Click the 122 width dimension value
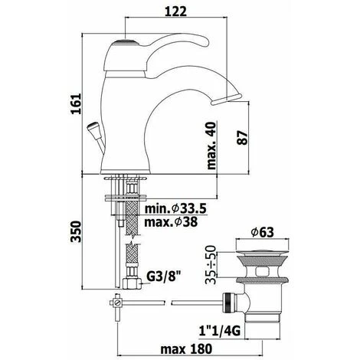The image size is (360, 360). (x=175, y=11)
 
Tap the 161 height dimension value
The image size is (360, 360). (x=76, y=103)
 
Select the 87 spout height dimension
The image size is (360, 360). (x=242, y=138)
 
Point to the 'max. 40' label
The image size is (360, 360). (x=211, y=146)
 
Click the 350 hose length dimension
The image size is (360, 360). (x=76, y=231)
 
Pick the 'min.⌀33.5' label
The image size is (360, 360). (x=175, y=209)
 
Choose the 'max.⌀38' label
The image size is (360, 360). (x=171, y=222)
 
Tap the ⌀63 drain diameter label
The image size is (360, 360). (x=262, y=232)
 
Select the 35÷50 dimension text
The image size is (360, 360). (x=211, y=264)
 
